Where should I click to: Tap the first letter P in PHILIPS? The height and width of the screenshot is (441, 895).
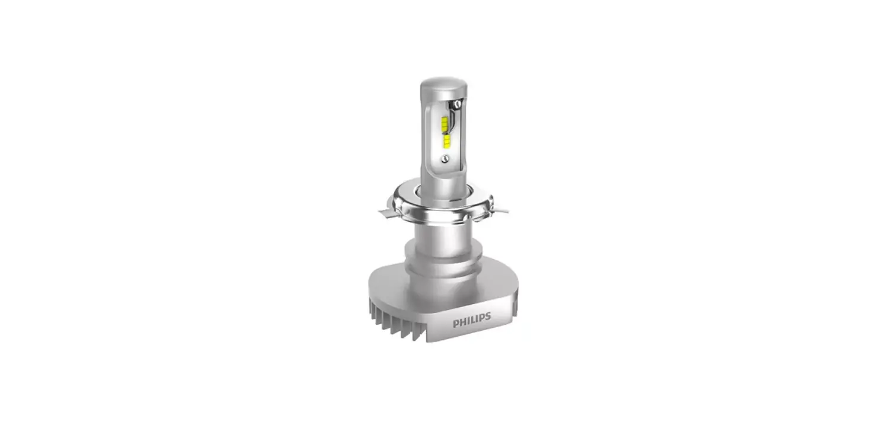coord(456,324)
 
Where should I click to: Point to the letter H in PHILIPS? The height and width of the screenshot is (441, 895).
coord(462,324)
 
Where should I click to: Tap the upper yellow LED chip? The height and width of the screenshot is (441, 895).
coord(445,124)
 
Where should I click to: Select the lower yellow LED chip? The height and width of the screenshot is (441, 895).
coord(446,140)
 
